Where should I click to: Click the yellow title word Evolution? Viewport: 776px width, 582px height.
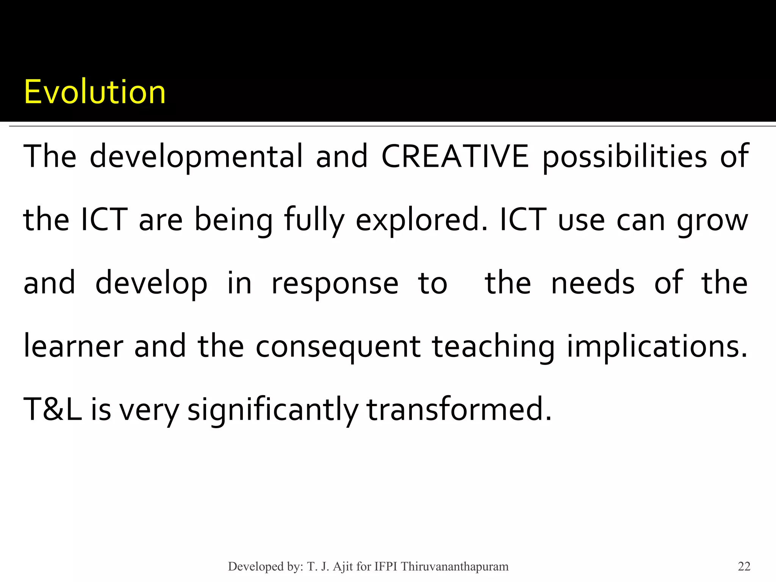point(95,92)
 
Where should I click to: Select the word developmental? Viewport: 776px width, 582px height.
point(196,156)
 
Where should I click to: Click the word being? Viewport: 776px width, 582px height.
point(233,221)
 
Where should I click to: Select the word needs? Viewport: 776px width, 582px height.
point(593,283)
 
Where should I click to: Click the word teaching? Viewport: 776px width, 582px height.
point(493,347)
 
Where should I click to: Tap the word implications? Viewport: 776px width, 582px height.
point(657,347)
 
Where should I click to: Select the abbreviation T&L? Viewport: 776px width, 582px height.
point(53,409)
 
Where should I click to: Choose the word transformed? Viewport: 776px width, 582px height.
point(459,409)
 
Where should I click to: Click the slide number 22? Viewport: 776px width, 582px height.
point(744,566)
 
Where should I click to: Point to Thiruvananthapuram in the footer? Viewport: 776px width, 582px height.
point(455,566)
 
